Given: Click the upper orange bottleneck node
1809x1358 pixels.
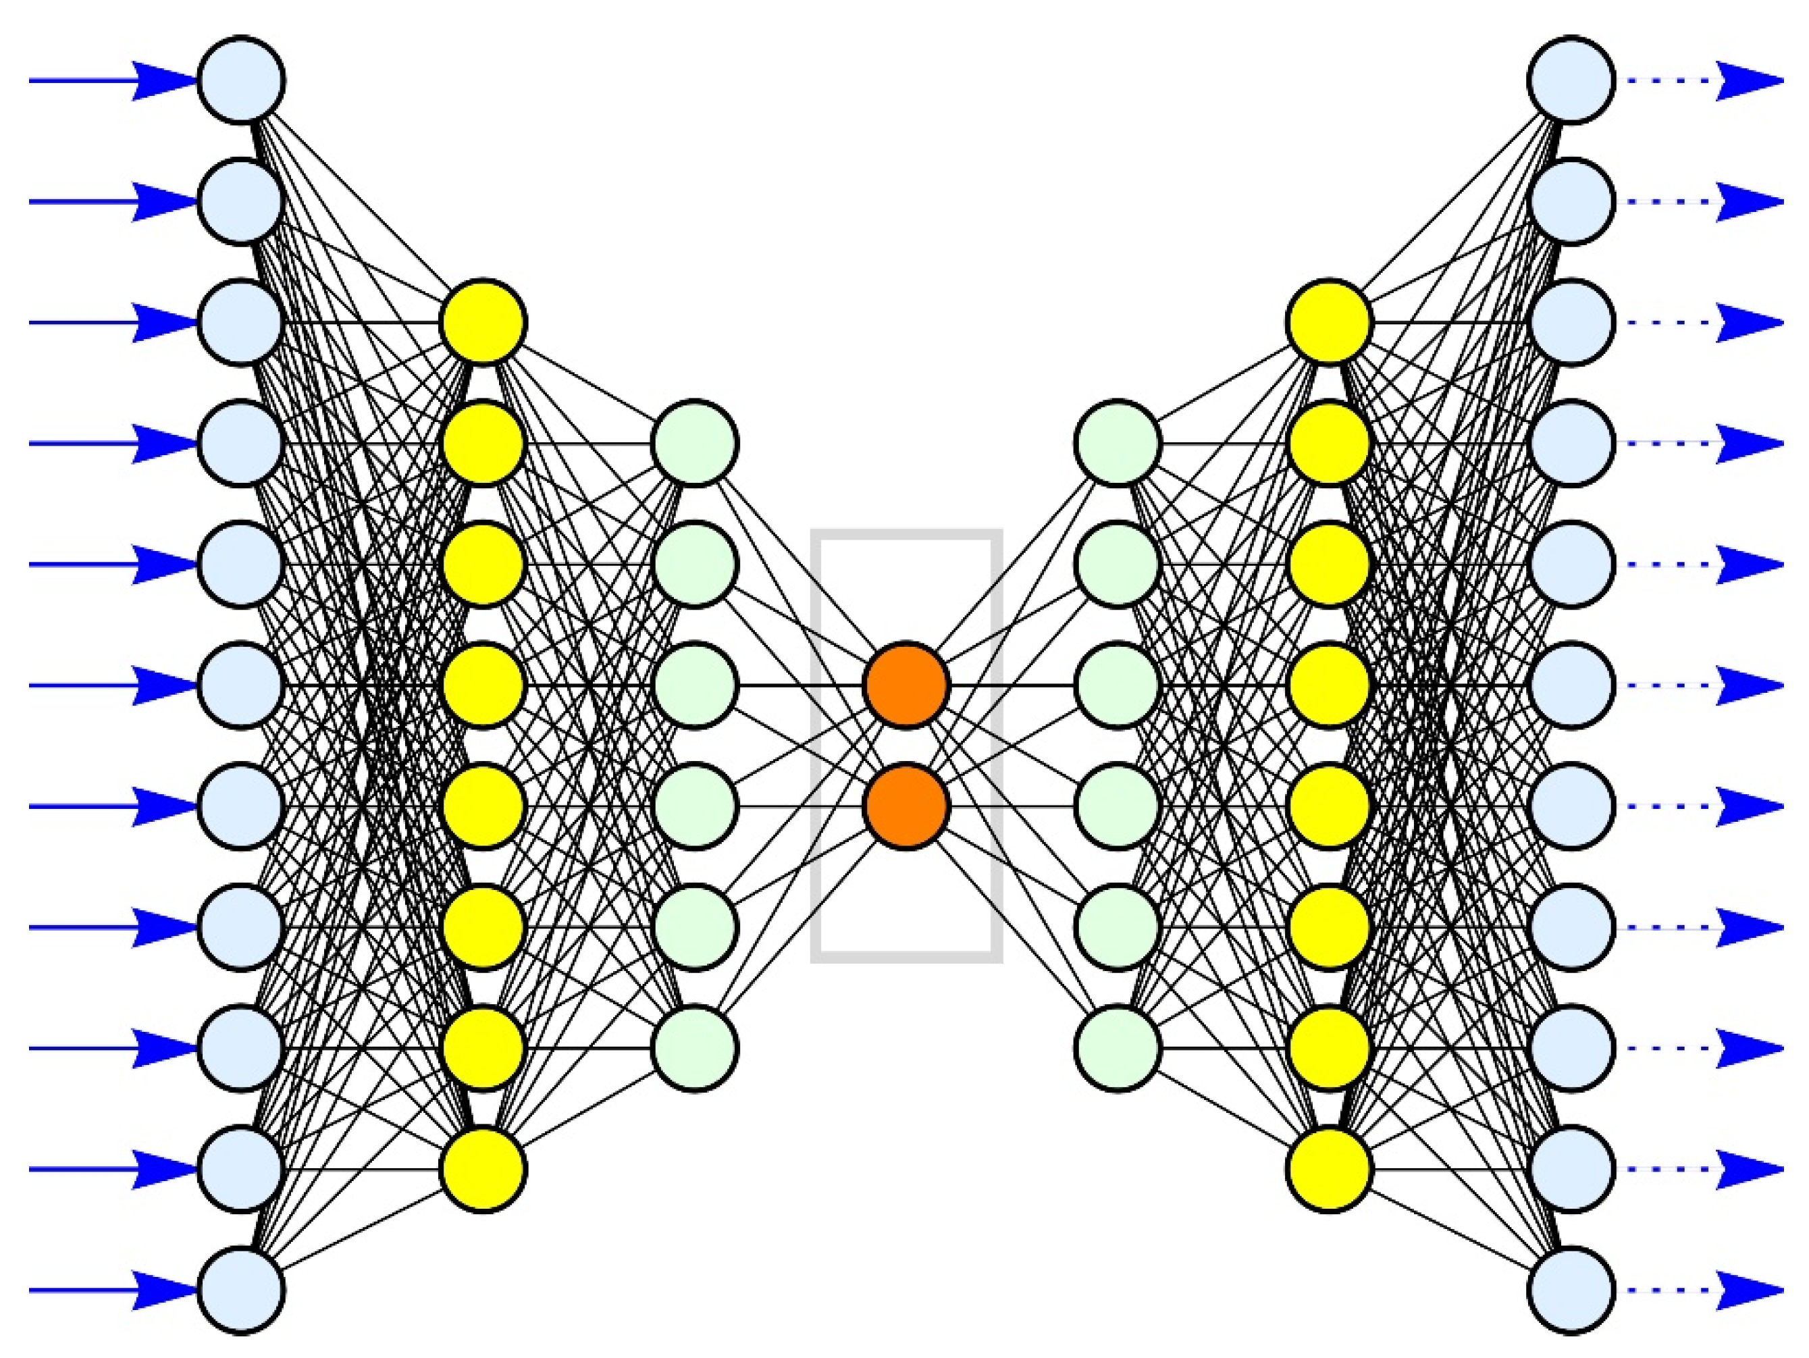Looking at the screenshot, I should (x=906, y=685).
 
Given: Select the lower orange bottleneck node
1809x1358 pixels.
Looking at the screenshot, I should (x=906, y=806).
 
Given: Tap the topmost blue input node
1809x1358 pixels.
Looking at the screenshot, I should (x=241, y=80).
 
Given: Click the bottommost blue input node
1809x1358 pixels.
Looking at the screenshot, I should (x=241, y=1290).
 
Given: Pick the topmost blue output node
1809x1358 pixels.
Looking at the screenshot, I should (x=1571, y=80).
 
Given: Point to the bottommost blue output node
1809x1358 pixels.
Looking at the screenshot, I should (x=1571, y=1290).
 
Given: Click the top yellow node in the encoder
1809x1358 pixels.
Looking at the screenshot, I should (x=483, y=322).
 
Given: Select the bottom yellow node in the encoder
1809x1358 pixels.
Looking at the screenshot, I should (x=483, y=1169).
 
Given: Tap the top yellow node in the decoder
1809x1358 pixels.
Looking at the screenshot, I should (x=1329, y=322).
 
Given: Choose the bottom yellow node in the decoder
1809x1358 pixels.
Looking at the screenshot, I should (x=1329, y=1169).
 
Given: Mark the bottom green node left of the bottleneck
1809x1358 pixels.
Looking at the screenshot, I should (x=694, y=1048).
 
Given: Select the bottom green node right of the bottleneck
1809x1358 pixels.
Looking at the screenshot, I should (x=1117, y=1048).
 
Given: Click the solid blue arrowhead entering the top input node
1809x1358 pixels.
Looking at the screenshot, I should (x=163, y=80).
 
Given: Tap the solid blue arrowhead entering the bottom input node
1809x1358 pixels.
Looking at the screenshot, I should (x=163, y=1290).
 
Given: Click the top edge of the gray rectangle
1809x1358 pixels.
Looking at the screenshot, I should (x=906, y=534).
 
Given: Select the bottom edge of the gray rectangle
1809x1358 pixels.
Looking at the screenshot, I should (x=906, y=956).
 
